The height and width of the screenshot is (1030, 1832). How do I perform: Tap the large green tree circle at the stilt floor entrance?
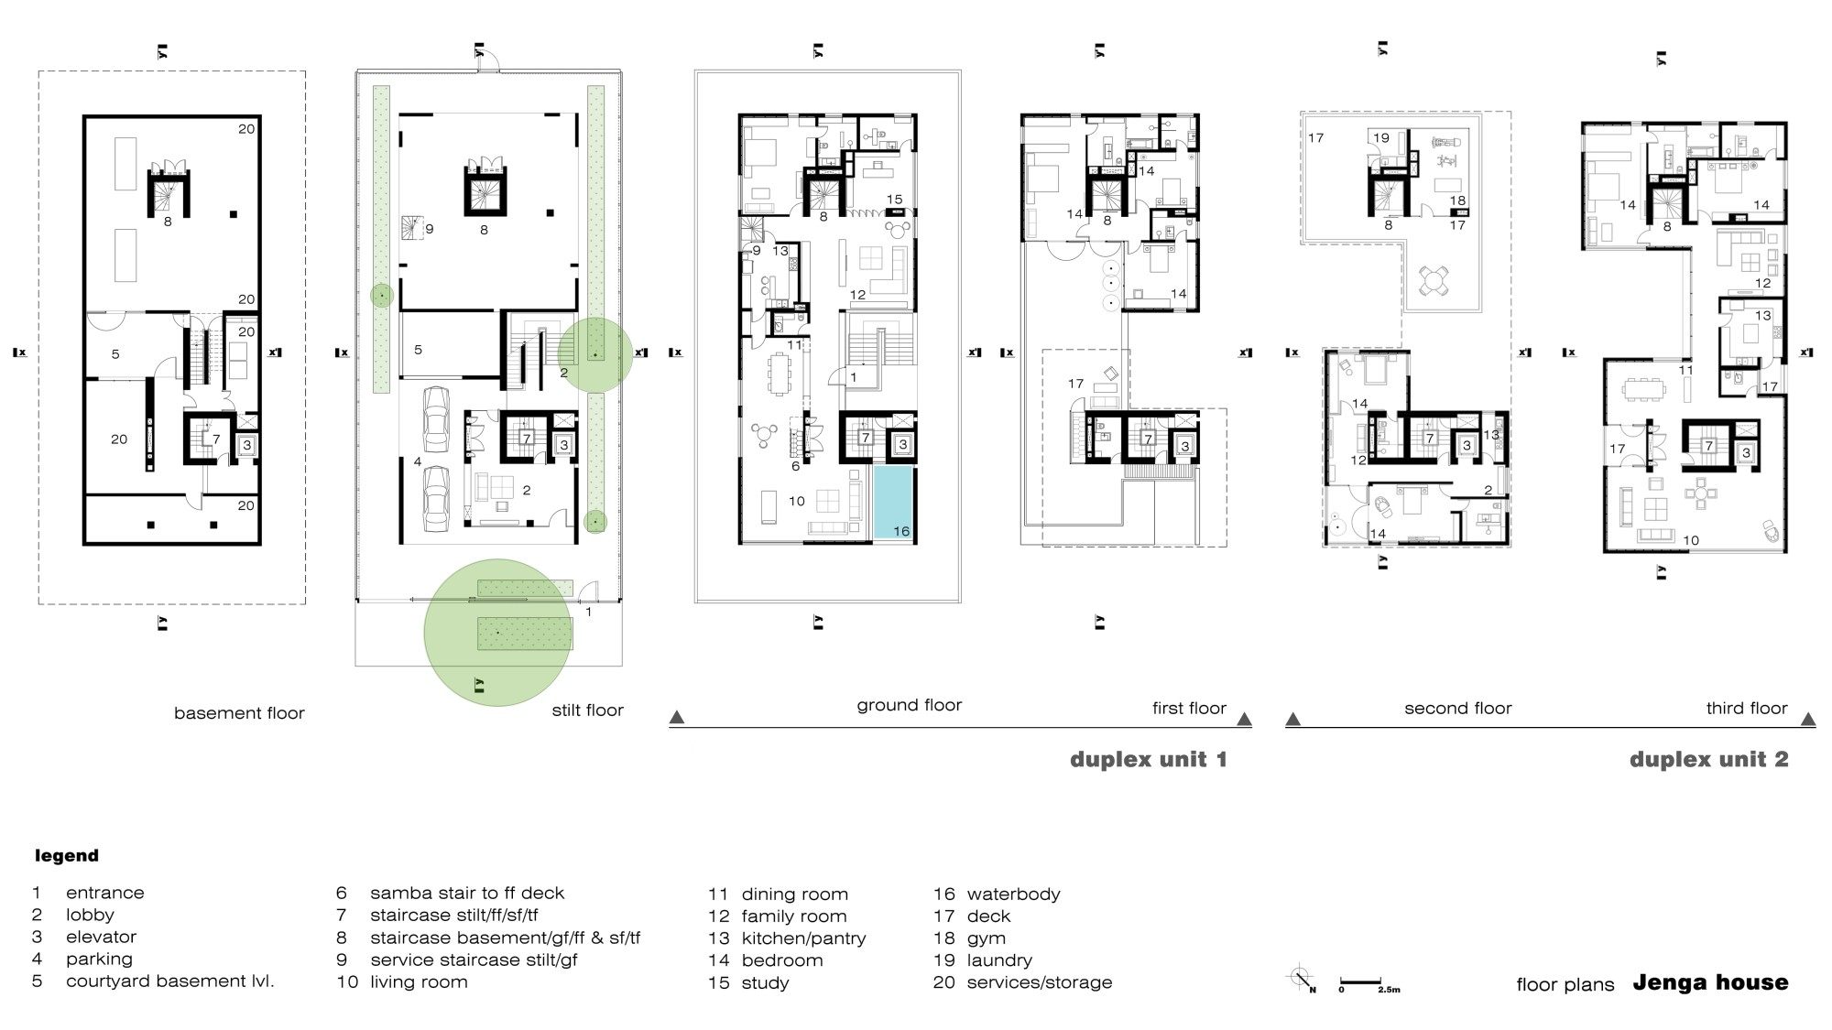(497, 633)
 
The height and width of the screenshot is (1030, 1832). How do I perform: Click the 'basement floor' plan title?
(239, 713)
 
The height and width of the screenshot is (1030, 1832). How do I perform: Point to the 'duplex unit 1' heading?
(1149, 759)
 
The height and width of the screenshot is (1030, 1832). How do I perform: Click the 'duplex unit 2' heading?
(1708, 759)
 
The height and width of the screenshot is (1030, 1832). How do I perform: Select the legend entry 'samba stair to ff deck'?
(467, 893)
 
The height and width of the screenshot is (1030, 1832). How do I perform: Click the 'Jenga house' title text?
(1710, 982)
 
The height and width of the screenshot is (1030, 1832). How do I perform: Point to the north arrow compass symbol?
(1302, 980)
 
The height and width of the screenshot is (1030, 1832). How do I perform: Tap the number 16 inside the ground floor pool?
(900, 531)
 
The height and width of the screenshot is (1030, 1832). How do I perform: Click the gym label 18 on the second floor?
(1457, 201)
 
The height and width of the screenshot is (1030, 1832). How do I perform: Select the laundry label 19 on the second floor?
(1380, 138)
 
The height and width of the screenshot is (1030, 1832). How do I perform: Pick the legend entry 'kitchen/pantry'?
(803, 938)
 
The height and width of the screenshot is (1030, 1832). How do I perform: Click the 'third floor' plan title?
(1746, 708)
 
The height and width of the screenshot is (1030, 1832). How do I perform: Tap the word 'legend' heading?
(67, 856)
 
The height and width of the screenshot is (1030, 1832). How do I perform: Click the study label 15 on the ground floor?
(894, 199)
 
